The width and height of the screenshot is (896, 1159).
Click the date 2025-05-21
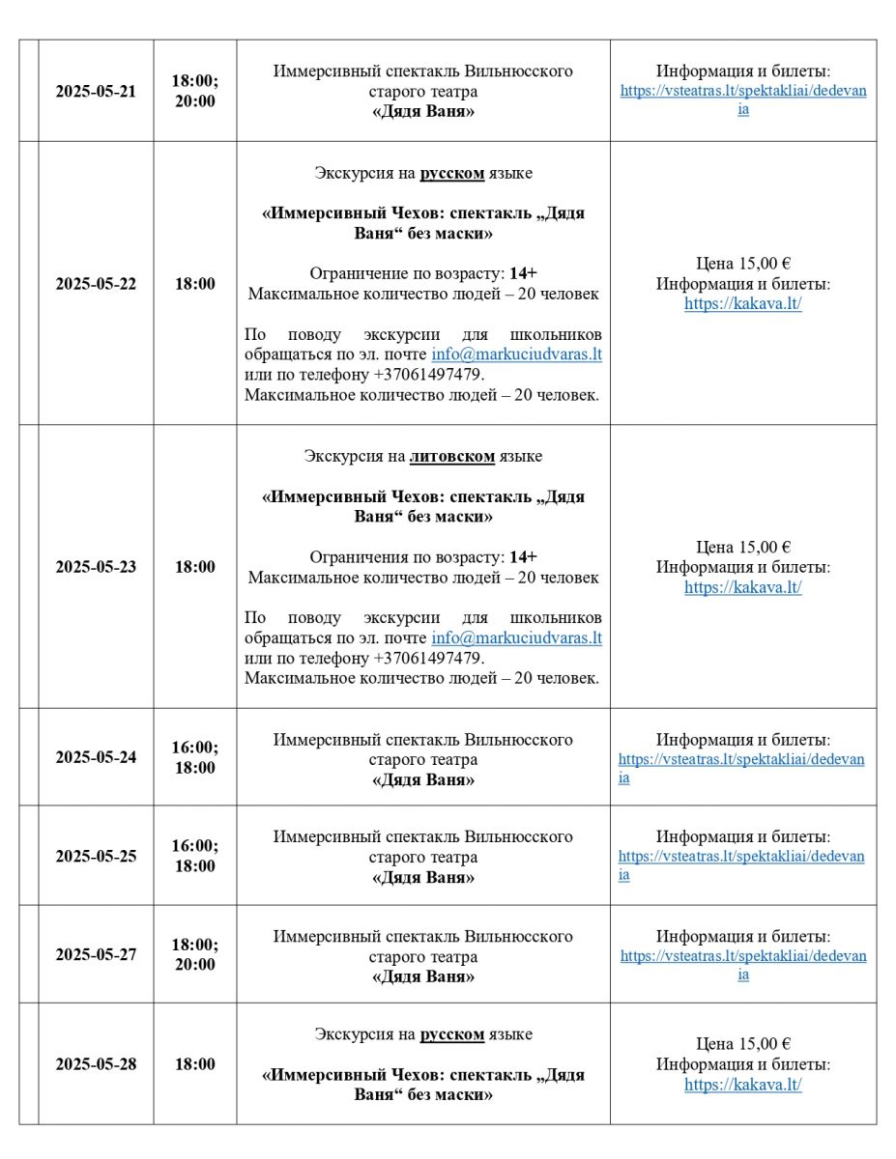tap(96, 92)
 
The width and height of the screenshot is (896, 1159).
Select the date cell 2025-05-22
tap(96, 284)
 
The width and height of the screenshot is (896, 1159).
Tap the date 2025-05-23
tap(96, 567)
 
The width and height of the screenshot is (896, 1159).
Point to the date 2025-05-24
tap(96, 757)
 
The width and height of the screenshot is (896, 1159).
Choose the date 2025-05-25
tap(96, 856)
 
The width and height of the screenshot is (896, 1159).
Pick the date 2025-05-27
tap(96, 954)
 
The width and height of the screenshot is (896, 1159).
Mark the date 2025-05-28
tap(96, 1064)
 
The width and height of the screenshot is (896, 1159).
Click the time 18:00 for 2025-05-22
tap(194, 284)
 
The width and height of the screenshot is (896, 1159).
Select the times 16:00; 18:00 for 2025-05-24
tap(194, 757)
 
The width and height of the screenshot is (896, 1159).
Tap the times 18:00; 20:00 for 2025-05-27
tap(194, 954)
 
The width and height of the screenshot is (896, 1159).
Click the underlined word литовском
tap(452, 456)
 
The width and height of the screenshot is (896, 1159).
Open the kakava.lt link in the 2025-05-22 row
tap(743, 304)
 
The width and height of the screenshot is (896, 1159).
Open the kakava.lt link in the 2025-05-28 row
tap(743, 1085)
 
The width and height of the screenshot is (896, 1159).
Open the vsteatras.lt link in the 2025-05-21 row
tap(743, 100)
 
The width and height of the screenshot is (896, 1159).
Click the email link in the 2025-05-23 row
tap(516, 637)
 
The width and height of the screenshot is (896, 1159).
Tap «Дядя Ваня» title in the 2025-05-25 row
tap(423, 878)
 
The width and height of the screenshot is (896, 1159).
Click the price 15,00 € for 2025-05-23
tap(743, 547)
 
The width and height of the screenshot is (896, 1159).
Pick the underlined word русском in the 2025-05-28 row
tap(451, 1034)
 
